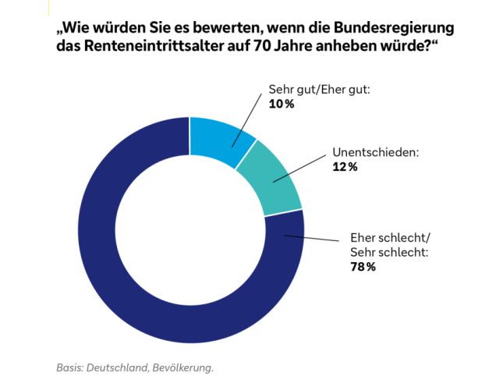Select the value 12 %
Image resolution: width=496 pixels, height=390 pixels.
click(x=345, y=167)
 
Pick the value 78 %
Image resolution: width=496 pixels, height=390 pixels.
click(x=363, y=267)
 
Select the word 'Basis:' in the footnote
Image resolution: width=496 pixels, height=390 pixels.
click(x=70, y=367)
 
